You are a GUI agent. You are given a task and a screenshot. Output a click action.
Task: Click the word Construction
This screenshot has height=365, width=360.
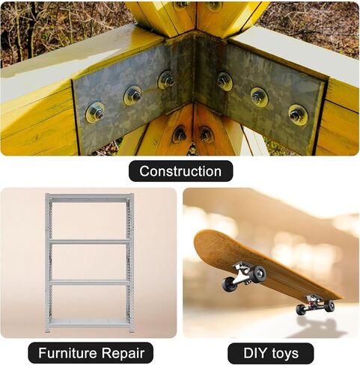click(x=180, y=171)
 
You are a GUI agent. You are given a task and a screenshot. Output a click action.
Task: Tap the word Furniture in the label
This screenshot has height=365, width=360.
click(x=67, y=353)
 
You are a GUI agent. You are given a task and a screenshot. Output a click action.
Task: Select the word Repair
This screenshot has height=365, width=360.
click(x=123, y=354)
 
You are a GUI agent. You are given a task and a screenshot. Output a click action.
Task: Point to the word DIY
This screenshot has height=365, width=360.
click(x=253, y=353)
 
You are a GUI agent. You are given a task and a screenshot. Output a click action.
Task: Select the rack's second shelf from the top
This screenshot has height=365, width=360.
click(x=90, y=242)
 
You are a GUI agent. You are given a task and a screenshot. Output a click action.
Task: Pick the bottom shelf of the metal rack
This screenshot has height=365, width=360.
click(x=89, y=322)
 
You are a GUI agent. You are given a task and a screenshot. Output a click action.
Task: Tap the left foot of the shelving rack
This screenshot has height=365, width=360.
click(x=47, y=331)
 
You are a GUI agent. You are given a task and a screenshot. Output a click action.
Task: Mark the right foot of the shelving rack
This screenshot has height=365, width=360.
click(x=131, y=331)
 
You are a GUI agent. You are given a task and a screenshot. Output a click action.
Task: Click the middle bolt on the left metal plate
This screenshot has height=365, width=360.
click(x=132, y=95)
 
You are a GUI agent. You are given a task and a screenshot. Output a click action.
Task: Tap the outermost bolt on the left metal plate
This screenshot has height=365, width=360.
click(x=95, y=112)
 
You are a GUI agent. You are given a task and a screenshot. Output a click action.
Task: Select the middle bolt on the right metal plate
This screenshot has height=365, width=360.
click(x=260, y=96)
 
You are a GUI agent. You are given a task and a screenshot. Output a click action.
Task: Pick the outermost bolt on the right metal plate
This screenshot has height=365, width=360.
click(x=298, y=114)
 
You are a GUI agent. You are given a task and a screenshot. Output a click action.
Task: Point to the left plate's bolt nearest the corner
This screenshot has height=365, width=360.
click(x=166, y=80)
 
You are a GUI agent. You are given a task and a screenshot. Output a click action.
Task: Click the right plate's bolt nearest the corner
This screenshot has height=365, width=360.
click(x=225, y=81)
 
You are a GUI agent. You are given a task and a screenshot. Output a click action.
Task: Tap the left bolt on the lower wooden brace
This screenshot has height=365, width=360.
click(x=180, y=135)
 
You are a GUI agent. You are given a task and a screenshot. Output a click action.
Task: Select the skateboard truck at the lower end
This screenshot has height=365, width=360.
click(x=315, y=304)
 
